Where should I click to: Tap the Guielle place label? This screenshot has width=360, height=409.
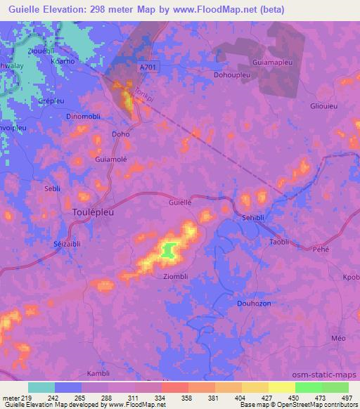(x=181, y=202)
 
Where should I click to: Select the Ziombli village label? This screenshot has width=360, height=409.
(x=176, y=275)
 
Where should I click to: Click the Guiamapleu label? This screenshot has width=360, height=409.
(x=282, y=62)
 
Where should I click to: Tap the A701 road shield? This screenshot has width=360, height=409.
(x=147, y=66)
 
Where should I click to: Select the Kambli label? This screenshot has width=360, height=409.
(x=98, y=373)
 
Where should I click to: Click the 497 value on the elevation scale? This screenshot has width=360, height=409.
(x=345, y=398)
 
